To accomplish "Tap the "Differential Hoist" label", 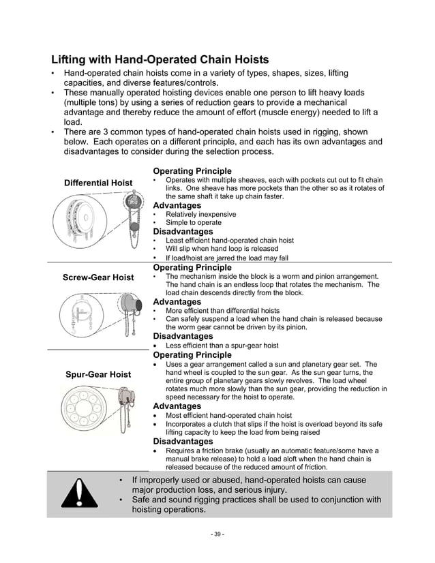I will (98, 183).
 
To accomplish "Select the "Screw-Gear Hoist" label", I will (98, 277).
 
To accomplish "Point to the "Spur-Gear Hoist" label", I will (98, 374).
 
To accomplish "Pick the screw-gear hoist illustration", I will (97, 314).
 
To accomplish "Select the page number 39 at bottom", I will (217, 534).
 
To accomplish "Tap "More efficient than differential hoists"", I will (222, 310).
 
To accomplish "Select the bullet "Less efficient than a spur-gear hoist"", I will (222, 346).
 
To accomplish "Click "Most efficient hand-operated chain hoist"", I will (228, 415).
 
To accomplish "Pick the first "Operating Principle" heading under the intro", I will (192, 171).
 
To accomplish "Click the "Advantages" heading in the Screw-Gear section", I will (177, 301).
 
